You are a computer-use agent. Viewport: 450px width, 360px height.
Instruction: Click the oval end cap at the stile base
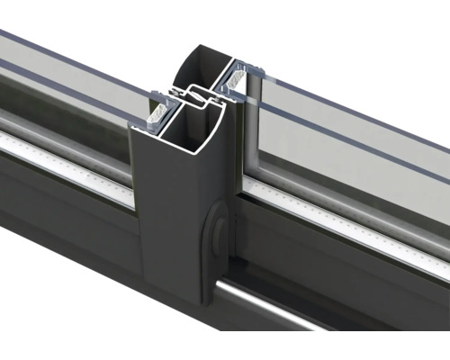214,231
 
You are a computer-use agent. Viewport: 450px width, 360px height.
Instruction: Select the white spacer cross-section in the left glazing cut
156,112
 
